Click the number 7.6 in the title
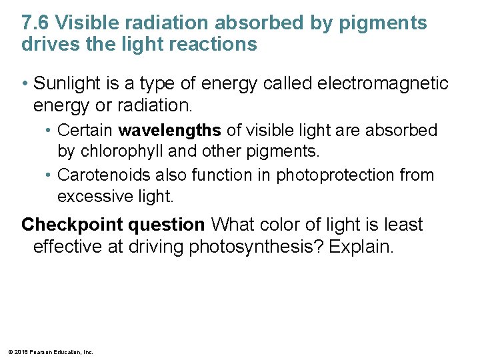pos(35,23)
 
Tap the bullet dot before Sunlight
pos(25,83)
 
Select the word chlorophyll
pos(123,151)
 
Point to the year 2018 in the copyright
pos(18,351)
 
